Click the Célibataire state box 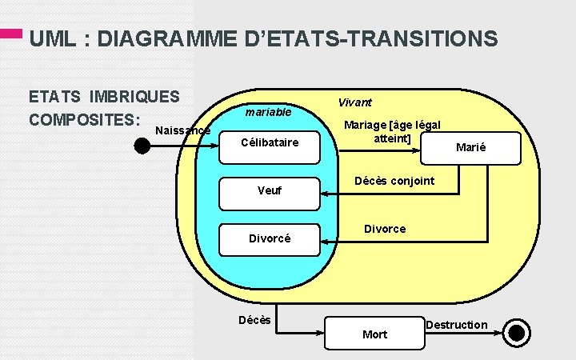270,143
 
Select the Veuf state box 270,191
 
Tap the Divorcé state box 270,238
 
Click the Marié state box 471,147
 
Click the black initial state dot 142,145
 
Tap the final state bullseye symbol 518,333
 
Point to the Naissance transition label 182,130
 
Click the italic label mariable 268,112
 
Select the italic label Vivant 354,102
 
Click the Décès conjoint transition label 394,181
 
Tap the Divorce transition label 385,229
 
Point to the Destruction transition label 456,324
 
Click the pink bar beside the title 11,34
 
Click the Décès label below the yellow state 254,321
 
